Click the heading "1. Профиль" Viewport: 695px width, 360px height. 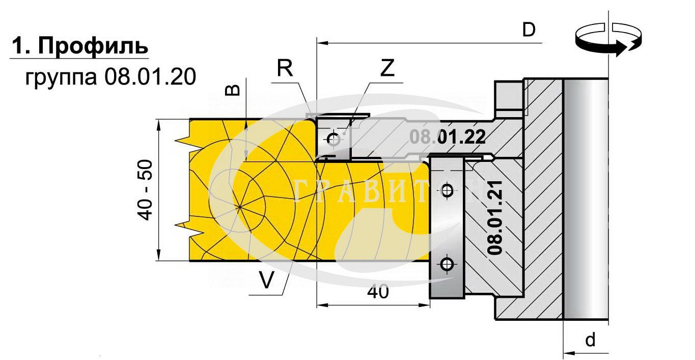[79, 46]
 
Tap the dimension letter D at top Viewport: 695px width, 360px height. [529, 30]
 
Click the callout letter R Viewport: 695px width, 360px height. [285, 68]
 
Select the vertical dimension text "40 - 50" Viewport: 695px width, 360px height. [146, 190]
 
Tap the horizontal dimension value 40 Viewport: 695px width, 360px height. [377, 292]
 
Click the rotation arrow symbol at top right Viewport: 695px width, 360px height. [607, 40]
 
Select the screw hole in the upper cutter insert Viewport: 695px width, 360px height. [333, 139]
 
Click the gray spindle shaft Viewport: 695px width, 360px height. [586, 199]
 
